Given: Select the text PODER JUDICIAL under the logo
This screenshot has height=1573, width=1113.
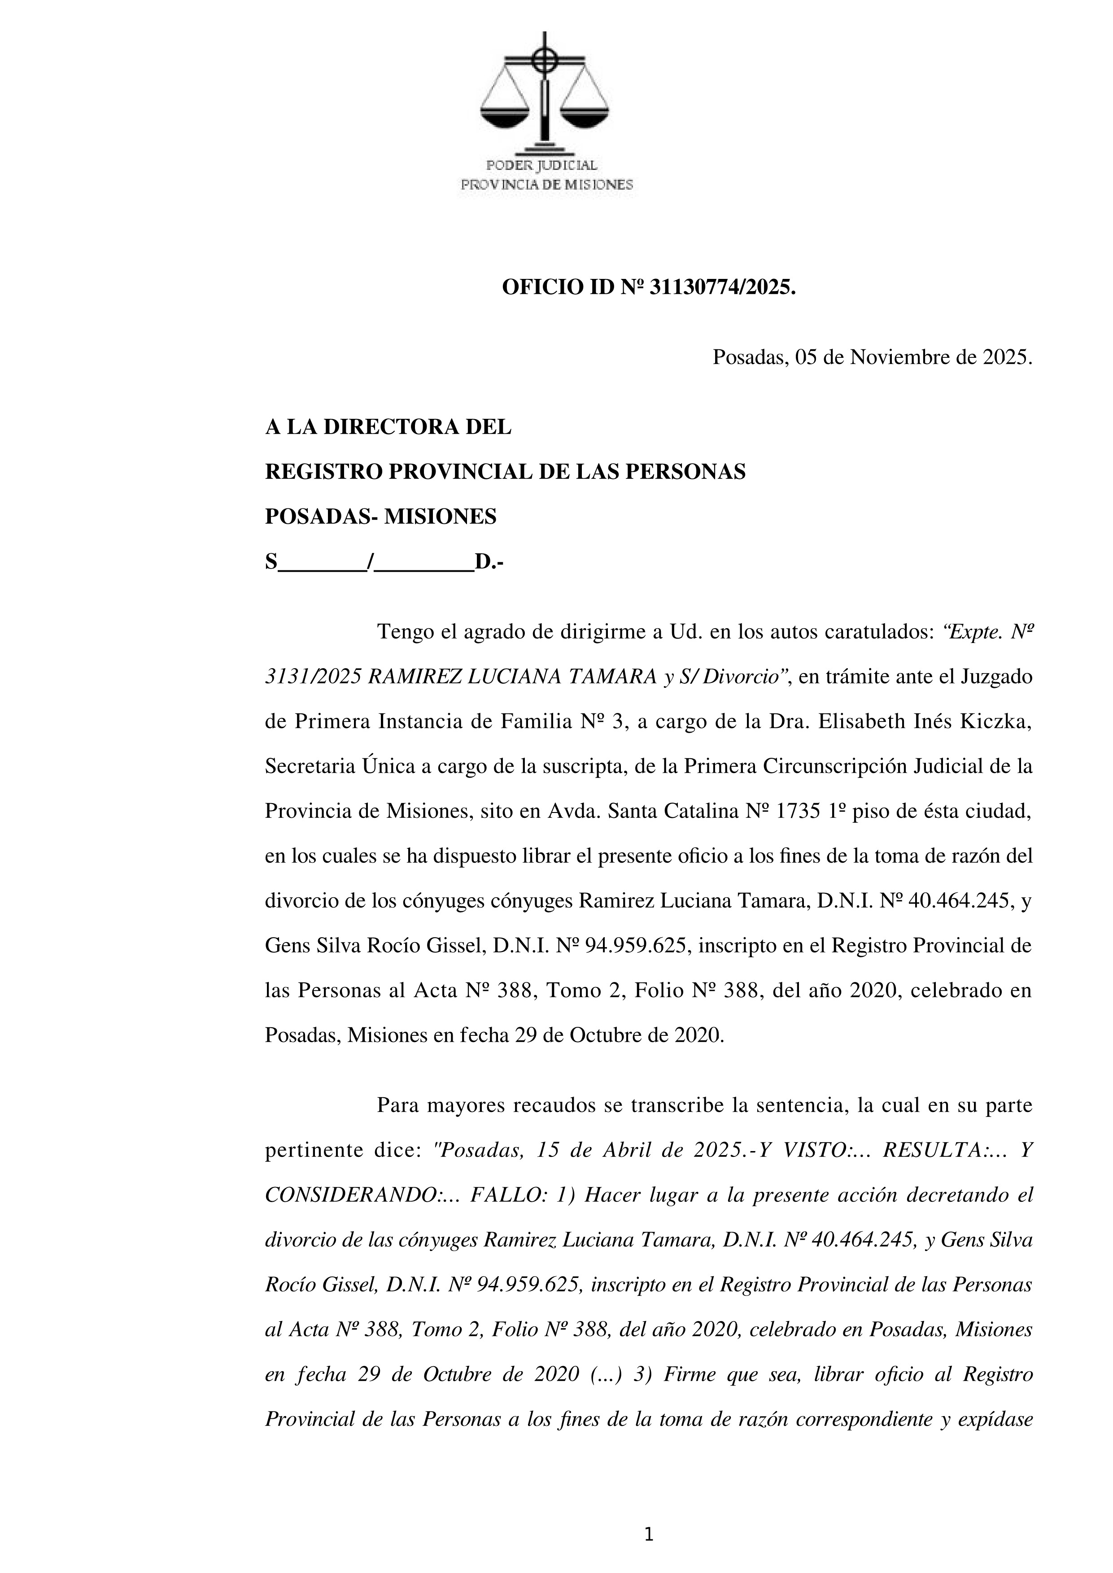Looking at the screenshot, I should coord(541,166).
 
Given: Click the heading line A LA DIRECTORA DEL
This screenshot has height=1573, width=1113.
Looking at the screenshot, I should coord(388,427).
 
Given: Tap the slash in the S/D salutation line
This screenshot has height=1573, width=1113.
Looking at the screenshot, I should coord(370,562).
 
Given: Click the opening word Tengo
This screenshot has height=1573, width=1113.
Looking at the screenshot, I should coord(405,632).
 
